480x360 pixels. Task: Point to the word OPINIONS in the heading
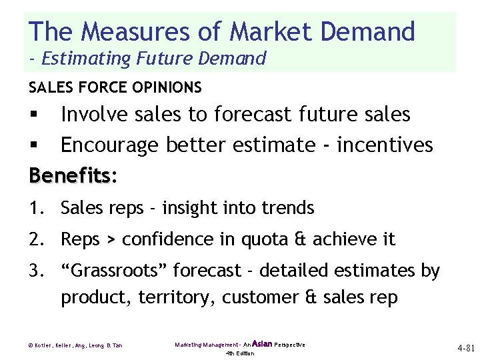pyautogui.click(x=170, y=87)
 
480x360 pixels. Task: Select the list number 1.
pyautogui.click(x=34, y=208)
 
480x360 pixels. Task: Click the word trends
pyautogui.click(x=289, y=208)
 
